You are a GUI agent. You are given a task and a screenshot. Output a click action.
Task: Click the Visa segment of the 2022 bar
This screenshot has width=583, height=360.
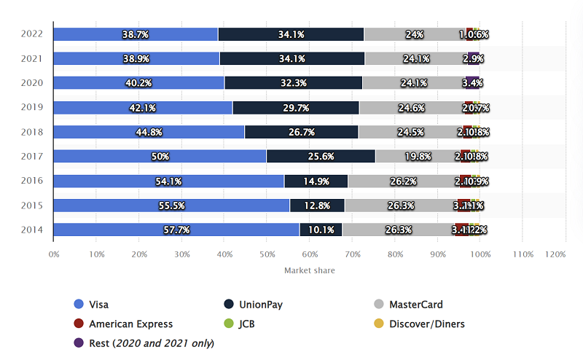pyautogui.click(x=136, y=34)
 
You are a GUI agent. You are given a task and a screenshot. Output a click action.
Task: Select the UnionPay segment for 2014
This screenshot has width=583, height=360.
pyautogui.click(x=320, y=230)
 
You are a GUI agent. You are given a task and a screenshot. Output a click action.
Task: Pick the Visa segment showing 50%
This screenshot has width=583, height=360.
pyautogui.click(x=160, y=156)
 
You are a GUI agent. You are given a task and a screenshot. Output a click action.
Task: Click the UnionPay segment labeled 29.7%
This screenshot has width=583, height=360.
pyautogui.click(x=295, y=107)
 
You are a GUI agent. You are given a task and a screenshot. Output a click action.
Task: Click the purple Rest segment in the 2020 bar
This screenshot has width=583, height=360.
pyautogui.click(x=472, y=82)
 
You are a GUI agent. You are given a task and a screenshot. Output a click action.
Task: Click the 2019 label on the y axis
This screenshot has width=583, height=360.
pyautogui.click(x=33, y=107)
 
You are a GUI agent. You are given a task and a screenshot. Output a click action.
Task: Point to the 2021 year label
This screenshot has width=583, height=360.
pyautogui.click(x=33, y=58)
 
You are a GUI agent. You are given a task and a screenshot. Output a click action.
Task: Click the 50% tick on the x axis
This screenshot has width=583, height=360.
pyautogui.click(x=267, y=254)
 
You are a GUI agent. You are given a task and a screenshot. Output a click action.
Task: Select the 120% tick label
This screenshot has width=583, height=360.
pyautogui.click(x=555, y=254)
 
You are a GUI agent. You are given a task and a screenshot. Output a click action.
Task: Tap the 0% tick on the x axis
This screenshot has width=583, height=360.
pyautogui.click(x=54, y=254)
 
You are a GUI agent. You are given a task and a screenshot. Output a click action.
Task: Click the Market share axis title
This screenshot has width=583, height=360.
pyautogui.click(x=310, y=270)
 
